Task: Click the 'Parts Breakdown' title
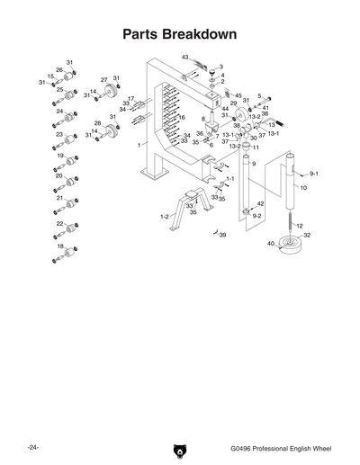tap(179, 35)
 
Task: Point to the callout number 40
tap(270, 244)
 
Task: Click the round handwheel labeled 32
tap(291, 245)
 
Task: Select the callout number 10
tap(303, 188)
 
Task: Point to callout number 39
tap(222, 235)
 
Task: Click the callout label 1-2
tap(165, 217)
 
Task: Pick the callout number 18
tap(60, 246)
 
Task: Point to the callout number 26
tap(59, 69)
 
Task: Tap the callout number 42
tap(260, 205)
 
